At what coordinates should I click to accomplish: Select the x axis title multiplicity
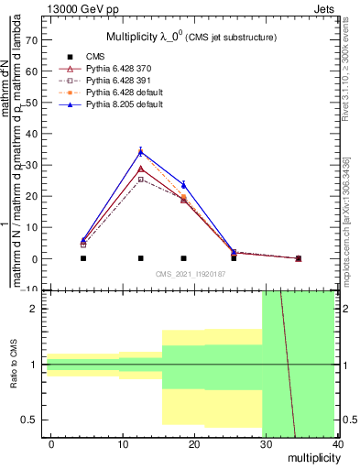tap(311, 456)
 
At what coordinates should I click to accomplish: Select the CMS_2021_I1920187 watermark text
tap(191, 274)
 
